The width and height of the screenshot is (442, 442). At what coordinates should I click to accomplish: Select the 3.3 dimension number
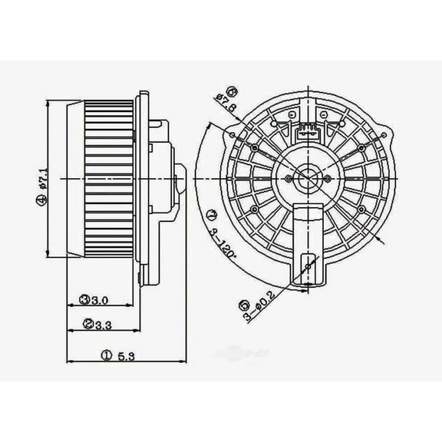103,325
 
